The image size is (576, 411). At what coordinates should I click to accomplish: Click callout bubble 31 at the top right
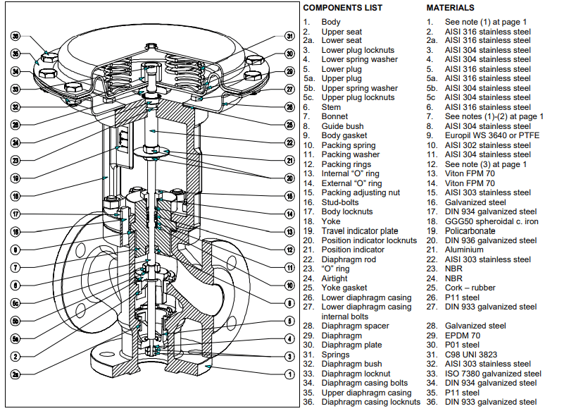[x=289, y=36]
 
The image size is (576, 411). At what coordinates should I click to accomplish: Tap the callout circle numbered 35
[x=15, y=54]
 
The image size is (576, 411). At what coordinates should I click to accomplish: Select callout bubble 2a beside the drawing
[x=15, y=375]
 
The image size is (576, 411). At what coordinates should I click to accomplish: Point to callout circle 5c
[x=15, y=304]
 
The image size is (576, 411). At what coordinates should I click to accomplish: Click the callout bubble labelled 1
[x=289, y=374]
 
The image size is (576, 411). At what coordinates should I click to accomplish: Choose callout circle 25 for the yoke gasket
[x=289, y=125]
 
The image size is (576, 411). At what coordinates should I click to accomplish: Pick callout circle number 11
[x=289, y=268]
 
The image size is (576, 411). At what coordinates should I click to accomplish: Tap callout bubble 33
[x=15, y=89]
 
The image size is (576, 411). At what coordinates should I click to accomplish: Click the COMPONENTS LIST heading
[x=343, y=8]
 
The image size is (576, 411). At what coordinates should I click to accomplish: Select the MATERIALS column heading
[x=450, y=8]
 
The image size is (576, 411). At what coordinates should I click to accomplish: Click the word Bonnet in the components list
[x=334, y=116]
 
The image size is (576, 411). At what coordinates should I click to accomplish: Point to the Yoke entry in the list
[x=331, y=221]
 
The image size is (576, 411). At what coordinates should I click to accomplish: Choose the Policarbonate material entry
[x=470, y=231]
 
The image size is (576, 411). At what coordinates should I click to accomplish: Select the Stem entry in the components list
[x=332, y=107]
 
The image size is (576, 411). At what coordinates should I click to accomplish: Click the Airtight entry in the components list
[x=334, y=278]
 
